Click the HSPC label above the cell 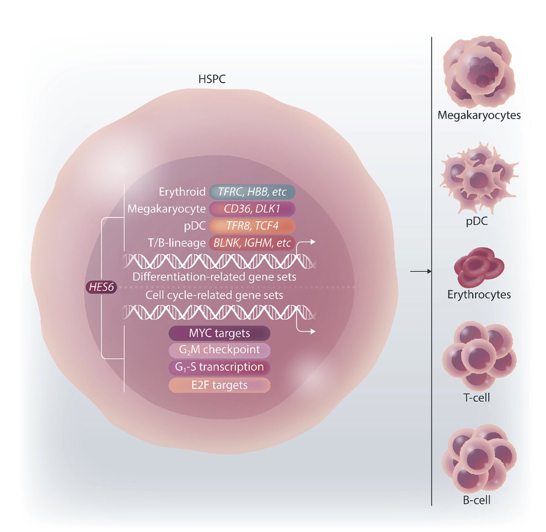coord(212,79)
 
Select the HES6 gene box coord(101,287)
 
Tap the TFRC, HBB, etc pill coord(252,192)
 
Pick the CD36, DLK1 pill coord(252,209)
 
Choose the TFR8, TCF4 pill coord(252,226)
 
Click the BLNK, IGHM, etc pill coord(252,243)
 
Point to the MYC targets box coord(219,333)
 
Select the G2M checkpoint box coord(219,350)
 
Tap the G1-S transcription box coord(219,367)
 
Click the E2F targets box coord(219,385)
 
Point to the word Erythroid coord(182,192)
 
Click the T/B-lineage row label coord(177,243)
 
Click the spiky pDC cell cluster coord(478,177)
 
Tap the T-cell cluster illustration coord(478,354)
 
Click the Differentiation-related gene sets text coord(214,277)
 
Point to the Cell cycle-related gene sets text coord(214,295)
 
